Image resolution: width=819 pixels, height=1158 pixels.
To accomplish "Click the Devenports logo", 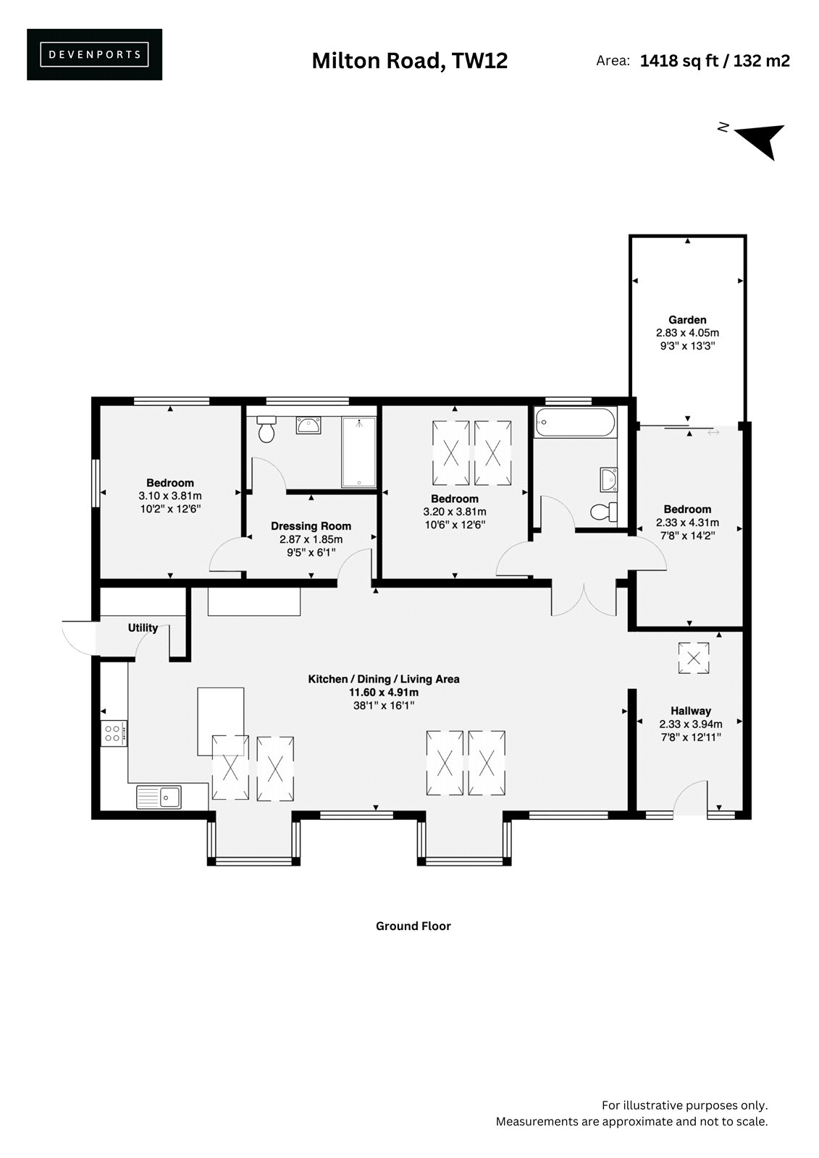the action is (94, 54).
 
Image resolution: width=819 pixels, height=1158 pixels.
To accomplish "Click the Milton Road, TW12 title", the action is (409, 61).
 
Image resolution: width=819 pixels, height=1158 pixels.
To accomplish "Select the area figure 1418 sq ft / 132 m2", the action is (715, 61).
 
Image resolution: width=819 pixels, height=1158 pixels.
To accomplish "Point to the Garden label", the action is (687, 319).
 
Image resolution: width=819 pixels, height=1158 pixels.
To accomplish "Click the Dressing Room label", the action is (311, 525).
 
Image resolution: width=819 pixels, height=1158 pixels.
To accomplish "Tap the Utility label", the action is (143, 627).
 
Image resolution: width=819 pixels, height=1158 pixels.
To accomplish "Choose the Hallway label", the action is (691, 711).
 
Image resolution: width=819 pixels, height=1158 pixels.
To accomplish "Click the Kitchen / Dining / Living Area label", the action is (383, 679).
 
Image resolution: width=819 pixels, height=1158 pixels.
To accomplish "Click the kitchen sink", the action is (159, 797).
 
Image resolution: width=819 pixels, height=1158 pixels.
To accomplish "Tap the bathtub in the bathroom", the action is (575, 422).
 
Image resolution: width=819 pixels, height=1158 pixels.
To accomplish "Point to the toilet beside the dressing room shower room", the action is (266, 429).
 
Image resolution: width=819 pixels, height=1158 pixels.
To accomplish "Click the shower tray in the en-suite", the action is (358, 452).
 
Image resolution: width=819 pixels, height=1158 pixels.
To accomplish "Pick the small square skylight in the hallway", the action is (693, 658).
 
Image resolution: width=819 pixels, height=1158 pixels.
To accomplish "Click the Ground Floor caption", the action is (413, 926).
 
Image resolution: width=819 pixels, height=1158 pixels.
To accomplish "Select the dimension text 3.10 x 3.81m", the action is (170, 496).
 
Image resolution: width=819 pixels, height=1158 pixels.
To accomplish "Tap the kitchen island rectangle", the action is (220, 722).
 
